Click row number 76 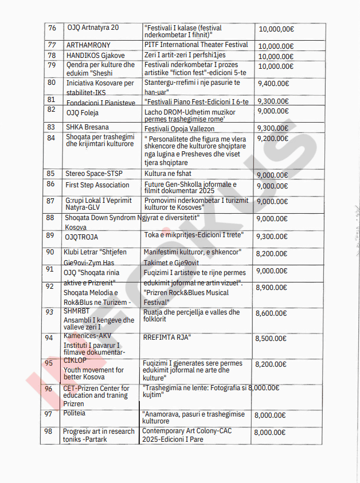(x=52, y=28)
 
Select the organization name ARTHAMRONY (x=88, y=45)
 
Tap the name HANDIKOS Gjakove (x=95, y=56)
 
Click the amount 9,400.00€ (x=273, y=83)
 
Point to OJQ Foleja (x=83, y=113)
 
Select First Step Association (x=97, y=185)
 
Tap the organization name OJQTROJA (x=82, y=237)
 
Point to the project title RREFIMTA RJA (x=167, y=337)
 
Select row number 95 (x=49, y=363)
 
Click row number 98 (x=49, y=431)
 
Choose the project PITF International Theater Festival (x=196, y=45)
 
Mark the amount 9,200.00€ (x=273, y=138)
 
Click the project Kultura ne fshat (x=168, y=174)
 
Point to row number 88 (x=50, y=218)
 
